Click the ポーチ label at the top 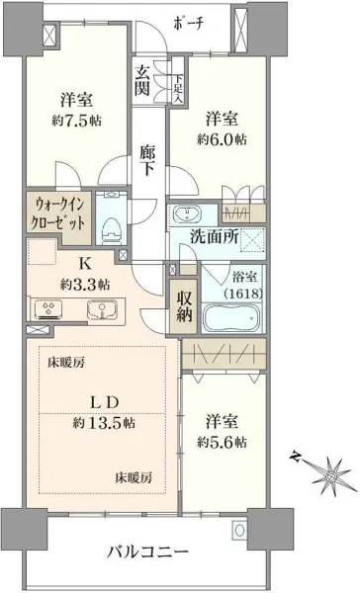coord(186,25)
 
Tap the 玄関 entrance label coord(144,79)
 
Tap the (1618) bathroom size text coord(237,293)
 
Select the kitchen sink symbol coord(101,312)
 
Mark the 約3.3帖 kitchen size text coord(84,284)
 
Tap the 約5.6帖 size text coord(222,441)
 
